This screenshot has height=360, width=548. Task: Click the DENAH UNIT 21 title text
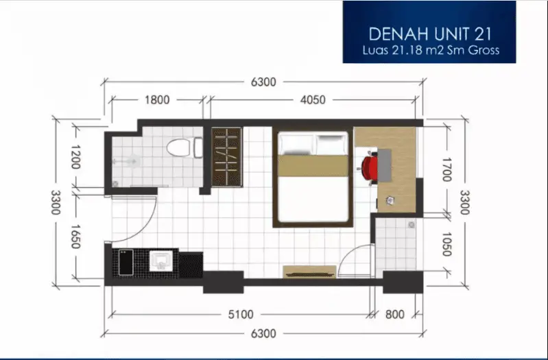coord(430,34)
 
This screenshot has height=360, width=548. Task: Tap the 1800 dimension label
coord(157,100)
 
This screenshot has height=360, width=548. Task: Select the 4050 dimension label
coord(313,100)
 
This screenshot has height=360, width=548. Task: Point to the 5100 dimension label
coord(241,315)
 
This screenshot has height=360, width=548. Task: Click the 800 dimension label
coord(395,315)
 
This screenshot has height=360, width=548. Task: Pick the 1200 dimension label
coord(75,157)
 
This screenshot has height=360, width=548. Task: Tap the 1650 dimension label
coord(75,237)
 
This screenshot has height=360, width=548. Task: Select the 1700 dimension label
coord(447,169)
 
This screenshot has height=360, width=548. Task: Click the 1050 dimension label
coord(447,244)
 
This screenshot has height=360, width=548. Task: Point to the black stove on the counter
coord(126,262)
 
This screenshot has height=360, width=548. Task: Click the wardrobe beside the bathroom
coord(227,157)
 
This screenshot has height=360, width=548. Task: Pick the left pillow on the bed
coord(296,144)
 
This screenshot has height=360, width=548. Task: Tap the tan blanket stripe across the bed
coord(313,166)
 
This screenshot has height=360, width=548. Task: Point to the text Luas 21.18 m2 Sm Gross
coord(431,50)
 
